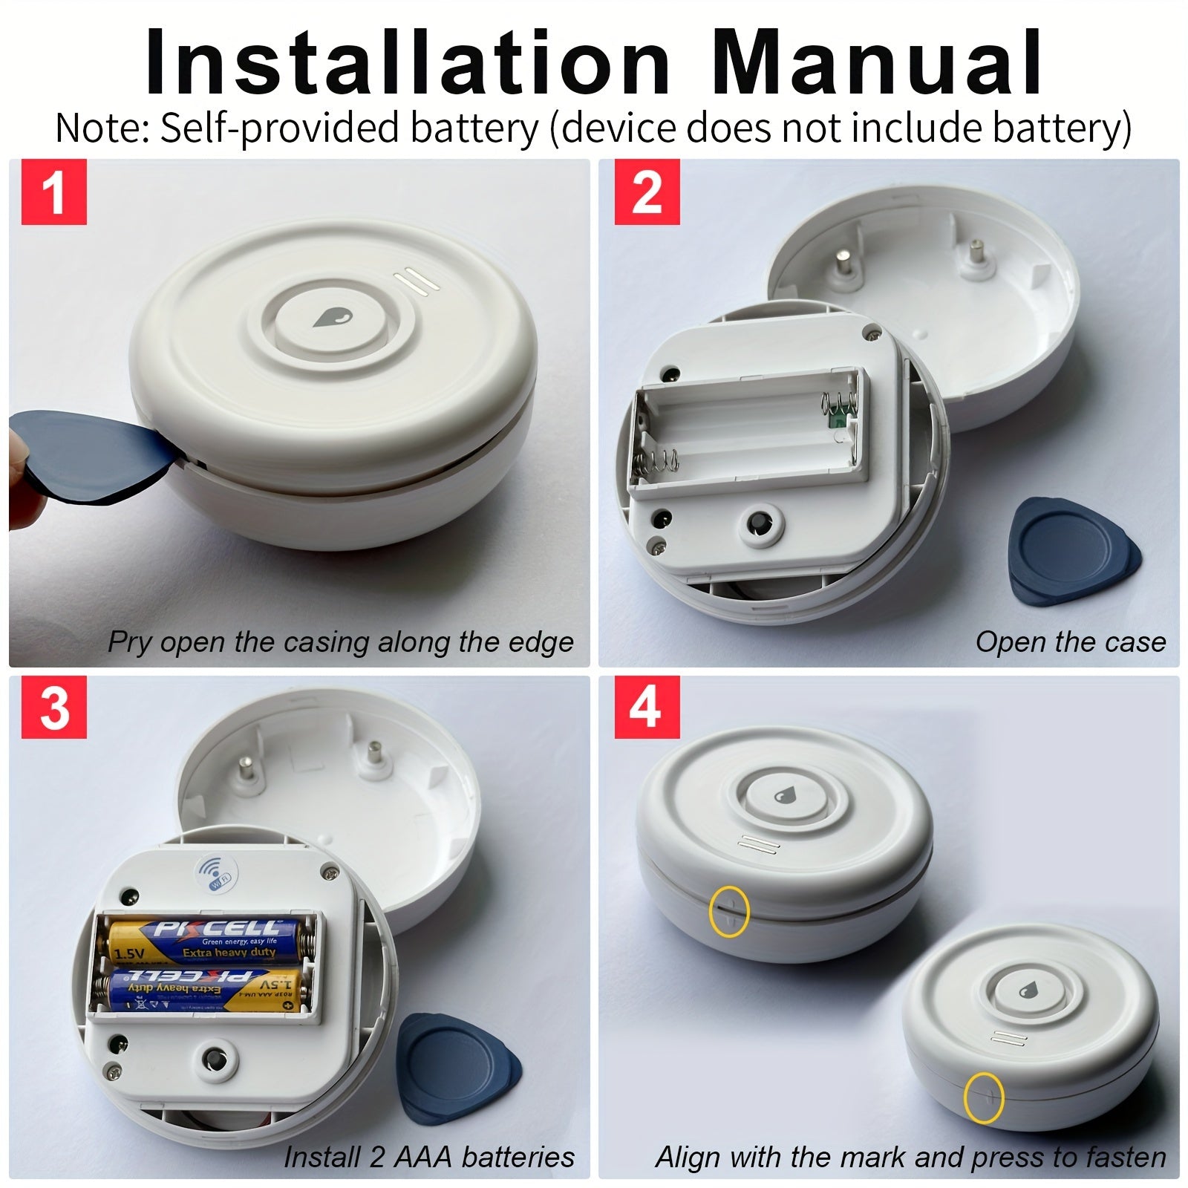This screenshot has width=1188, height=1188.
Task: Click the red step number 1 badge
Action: (x=53, y=192)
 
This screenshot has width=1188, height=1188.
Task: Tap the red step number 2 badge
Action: (x=646, y=192)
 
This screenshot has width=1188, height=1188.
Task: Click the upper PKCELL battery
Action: (x=206, y=939)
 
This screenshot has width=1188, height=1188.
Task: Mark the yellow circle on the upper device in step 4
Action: (x=729, y=910)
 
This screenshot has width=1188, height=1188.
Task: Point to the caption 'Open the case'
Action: (x=1070, y=642)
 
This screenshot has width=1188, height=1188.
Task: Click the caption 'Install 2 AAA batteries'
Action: (x=428, y=1156)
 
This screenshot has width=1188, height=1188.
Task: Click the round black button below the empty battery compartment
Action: (x=760, y=524)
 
